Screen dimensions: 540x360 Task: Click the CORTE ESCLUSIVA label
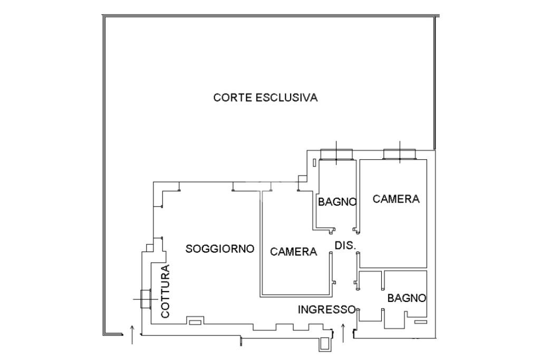pyautogui.click(x=265, y=98)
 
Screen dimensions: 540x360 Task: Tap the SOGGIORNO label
pyautogui.click(x=220, y=248)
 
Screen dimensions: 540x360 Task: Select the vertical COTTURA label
pyautogui.click(x=166, y=291)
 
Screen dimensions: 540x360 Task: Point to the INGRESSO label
pyautogui.click(x=327, y=309)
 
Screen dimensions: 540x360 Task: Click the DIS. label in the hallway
pyautogui.click(x=345, y=246)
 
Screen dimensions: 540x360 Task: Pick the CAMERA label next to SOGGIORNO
pyautogui.click(x=294, y=252)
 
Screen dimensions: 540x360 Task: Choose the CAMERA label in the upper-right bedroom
pyautogui.click(x=396, y=199)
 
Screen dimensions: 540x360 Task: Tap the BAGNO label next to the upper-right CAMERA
pyautogui.click(x=337, y=201)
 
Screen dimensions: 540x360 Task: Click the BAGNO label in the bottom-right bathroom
pyautogui.click(x=407, y=298)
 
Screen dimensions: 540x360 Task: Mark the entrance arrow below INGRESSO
pyautogui.click(x=343, y=333)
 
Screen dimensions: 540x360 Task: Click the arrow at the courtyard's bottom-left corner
pyautogui.click(x=132, y=335)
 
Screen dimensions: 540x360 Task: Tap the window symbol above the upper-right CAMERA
pyautogui.click(x=399, y=153)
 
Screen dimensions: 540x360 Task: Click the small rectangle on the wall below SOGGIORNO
pyautogui.click(x=195, y=321)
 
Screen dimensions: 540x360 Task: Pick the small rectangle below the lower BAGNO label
pyautogui.click(x=420, y=322)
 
